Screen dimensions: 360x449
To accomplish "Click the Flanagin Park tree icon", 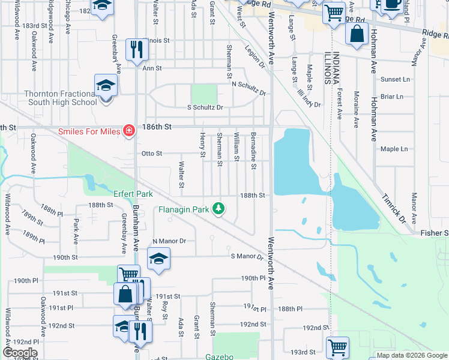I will [x=220, y=209].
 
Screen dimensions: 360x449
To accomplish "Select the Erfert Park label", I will [x=133, y=194].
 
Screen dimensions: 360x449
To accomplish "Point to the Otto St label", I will [x=151, y=154].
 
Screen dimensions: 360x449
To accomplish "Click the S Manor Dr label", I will [x=247, y=257].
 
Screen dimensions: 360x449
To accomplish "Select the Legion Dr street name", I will [x=255, y=56].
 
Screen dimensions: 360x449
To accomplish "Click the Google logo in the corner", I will [x=20, y=352].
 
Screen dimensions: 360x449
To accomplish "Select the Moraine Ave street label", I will [x=356, y=110].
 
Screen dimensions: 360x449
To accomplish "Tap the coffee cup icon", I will [x=392, y=4].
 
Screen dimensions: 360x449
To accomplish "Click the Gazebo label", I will [x=220, y=356].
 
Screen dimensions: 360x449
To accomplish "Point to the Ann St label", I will [x=152, y=68].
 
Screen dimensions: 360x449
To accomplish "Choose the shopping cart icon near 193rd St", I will [x=337, y=347].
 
